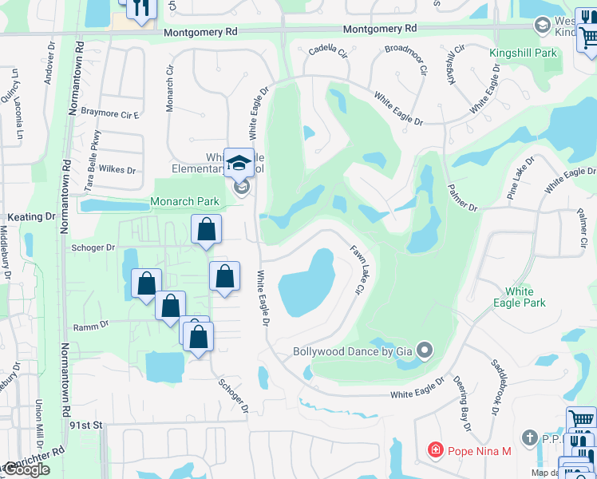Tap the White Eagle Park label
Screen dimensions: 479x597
click(x=519, y=297)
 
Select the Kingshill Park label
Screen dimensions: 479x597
click(x=527, y=53)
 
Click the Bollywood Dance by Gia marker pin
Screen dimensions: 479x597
click(x=425, y=350)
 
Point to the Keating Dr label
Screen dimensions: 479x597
click(x=32, y=216)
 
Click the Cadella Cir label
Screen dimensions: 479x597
click(x=328, y=50)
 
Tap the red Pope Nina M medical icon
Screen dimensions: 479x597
click(x=435, y=451)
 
